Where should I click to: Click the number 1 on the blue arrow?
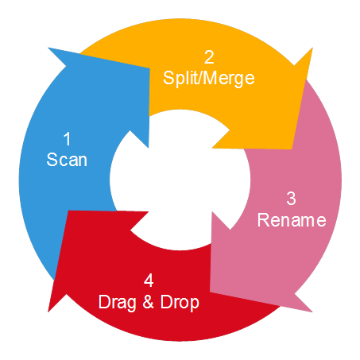[x=68, y=138]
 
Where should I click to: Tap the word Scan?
[x=67, y=160]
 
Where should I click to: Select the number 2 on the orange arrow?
[x=209, y=57]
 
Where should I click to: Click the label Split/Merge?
[x=209, y=79]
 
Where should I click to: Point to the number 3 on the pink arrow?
[x=291, y=199]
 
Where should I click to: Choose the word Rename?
[x=292, y=220]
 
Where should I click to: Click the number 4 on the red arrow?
[x=149, y=281]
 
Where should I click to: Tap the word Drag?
[x=118, y=302]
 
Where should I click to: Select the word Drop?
[x=180, y=302]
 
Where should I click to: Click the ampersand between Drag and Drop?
[x=149, y=302]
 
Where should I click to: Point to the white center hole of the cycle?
[x=180, y=180]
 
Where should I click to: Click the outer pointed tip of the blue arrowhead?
[x=48, y=48]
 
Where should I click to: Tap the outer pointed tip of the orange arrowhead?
[x=312, y=48]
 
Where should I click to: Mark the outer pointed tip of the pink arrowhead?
[x=312, y=312]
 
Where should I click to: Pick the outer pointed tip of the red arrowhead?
[x=48, y=312]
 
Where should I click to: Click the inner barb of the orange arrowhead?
[x=212, y=148]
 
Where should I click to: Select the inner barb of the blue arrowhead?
[x=149, y=148]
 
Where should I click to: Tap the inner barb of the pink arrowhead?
[x=212, y=212]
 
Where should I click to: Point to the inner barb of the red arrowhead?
[x=148, y=212]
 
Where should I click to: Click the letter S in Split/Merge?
[x=168, y=78]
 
